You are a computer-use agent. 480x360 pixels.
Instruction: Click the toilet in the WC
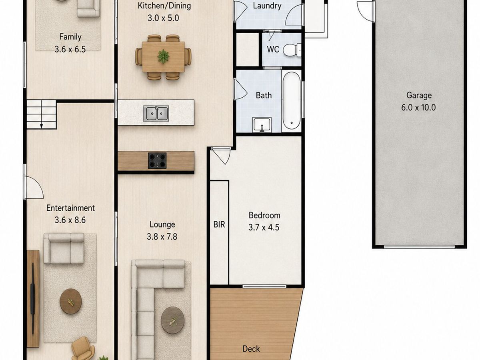tap(292, 50)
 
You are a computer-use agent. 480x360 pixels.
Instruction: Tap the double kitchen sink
tap(156, 113)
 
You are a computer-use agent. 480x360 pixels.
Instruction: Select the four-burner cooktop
tap(157, 161)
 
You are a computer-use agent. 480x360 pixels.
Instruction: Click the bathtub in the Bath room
tap(292, 101)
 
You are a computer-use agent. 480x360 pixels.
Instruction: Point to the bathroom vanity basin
tap(262, 124)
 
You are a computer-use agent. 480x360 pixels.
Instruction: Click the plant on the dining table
tap(163, 56)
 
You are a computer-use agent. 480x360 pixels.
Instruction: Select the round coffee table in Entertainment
tap(71, 301)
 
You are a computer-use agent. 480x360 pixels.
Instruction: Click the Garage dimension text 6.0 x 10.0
tap(418, 108)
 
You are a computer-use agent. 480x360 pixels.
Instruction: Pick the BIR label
tap(219, 224)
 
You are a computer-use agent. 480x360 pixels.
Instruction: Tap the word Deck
tap(251, 349)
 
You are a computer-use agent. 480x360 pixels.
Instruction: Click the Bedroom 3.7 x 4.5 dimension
tap(264, 228)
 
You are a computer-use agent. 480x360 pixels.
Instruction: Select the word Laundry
tap(267, 6)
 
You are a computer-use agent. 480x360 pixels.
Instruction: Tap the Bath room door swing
tap(240, 89)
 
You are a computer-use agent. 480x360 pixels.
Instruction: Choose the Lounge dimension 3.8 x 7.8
tap(162, 237)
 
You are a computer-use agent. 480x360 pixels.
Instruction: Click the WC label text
tap(273, 49)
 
